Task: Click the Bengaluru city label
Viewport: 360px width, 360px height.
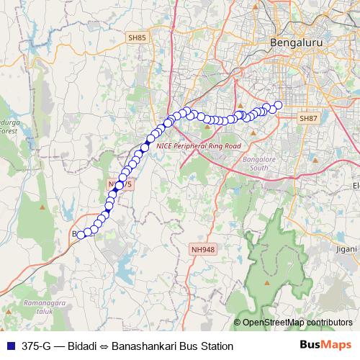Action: tap(296, 43)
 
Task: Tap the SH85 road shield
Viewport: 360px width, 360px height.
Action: tap(136, 37)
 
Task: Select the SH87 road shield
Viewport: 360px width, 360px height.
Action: tap(308, 117)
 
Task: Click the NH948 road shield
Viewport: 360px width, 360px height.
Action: tap(203, 249)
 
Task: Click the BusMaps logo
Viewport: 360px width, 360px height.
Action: tap(326, 345)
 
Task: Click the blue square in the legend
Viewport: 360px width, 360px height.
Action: tap(10, 346)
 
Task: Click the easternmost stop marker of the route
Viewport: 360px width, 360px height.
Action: tap(278, 105)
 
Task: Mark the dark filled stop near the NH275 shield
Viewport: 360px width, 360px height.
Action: tap(119, 185)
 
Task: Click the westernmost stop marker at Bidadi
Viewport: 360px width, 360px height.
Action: tap(81, 233)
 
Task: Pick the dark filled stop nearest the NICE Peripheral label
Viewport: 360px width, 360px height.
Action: tap(145, 147)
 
